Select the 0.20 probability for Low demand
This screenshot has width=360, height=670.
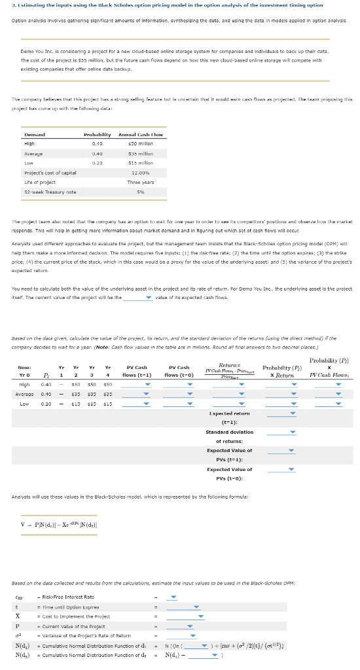point(98,162)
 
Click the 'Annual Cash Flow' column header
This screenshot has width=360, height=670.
point(141,134)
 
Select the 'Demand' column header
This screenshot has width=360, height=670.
point(34,134)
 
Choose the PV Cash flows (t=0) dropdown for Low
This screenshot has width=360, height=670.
point(188,404)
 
